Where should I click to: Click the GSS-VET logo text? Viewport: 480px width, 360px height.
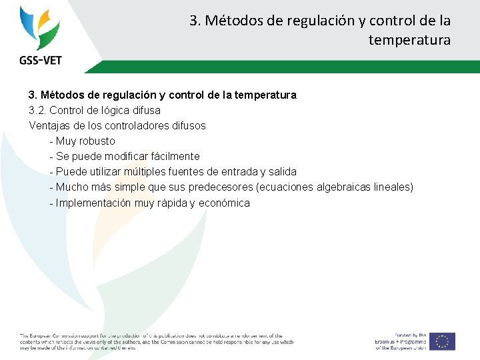[x=41, y=60]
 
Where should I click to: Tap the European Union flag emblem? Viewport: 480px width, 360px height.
[x=442, y=341]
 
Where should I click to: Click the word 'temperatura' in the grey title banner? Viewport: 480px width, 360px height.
[x=409, y=40]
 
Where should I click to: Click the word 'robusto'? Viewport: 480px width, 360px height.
[x=97, y=141]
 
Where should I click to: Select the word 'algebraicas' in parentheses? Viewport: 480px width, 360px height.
[x=344, y=187]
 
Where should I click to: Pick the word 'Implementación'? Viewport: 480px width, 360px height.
[x=93, y=203]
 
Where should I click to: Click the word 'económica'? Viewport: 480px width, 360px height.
[x=225, y=203]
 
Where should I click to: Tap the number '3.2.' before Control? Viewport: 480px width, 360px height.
[x=37, y=110]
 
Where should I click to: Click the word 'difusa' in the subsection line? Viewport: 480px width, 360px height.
[x=144, y=110]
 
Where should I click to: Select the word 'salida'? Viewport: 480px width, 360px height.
[x=282, y=172]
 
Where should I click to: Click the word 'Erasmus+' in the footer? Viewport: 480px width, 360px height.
[x=393, y=341]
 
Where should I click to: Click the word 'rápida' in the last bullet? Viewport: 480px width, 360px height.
[x=172, y=203]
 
